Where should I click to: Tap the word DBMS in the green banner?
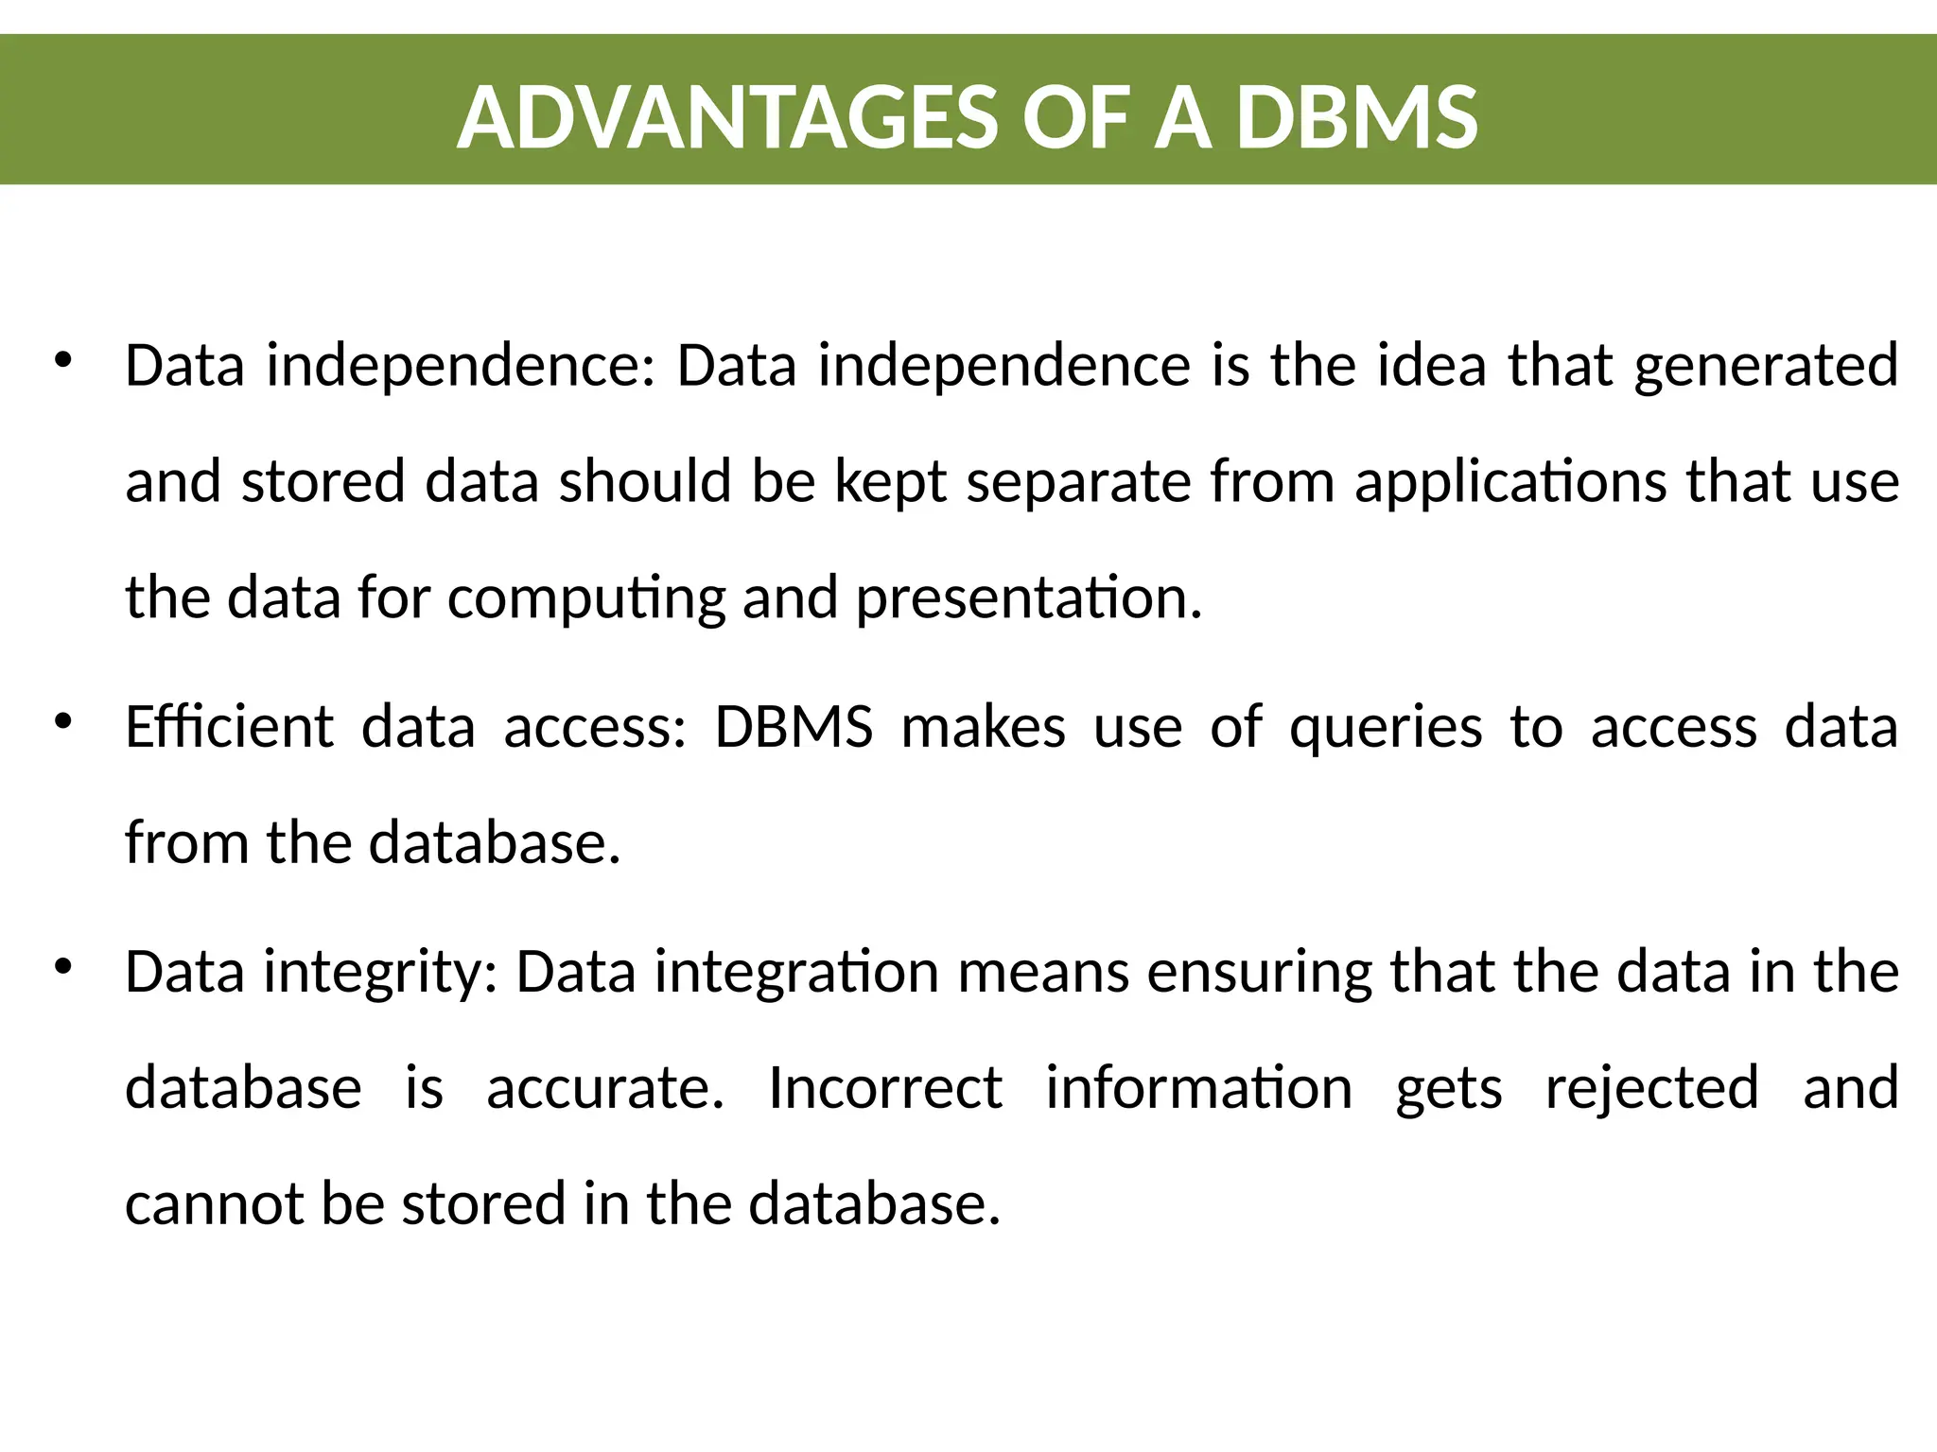1356,118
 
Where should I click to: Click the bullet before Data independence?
63,360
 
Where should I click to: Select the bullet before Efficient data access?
63,722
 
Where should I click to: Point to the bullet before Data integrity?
63,966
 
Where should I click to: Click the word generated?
1766,367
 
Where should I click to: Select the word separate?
1079,482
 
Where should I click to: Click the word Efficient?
229,728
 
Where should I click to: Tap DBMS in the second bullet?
794,728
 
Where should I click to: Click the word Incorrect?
885,1088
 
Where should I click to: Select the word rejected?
1651,1089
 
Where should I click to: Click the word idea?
1432,367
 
